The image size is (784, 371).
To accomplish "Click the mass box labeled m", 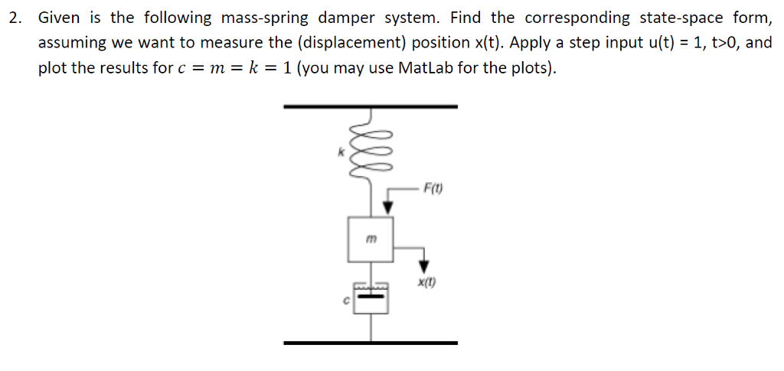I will pos(371,239).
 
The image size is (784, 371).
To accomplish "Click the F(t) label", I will pos(433,188).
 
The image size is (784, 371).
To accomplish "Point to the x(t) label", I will pos(427,282).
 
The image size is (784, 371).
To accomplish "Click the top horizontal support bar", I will pos(371,106).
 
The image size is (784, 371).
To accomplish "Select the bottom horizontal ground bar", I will pos(371,343).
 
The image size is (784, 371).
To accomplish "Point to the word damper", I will pos(331,18).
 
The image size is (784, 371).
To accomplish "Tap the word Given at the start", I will pos(59,18).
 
